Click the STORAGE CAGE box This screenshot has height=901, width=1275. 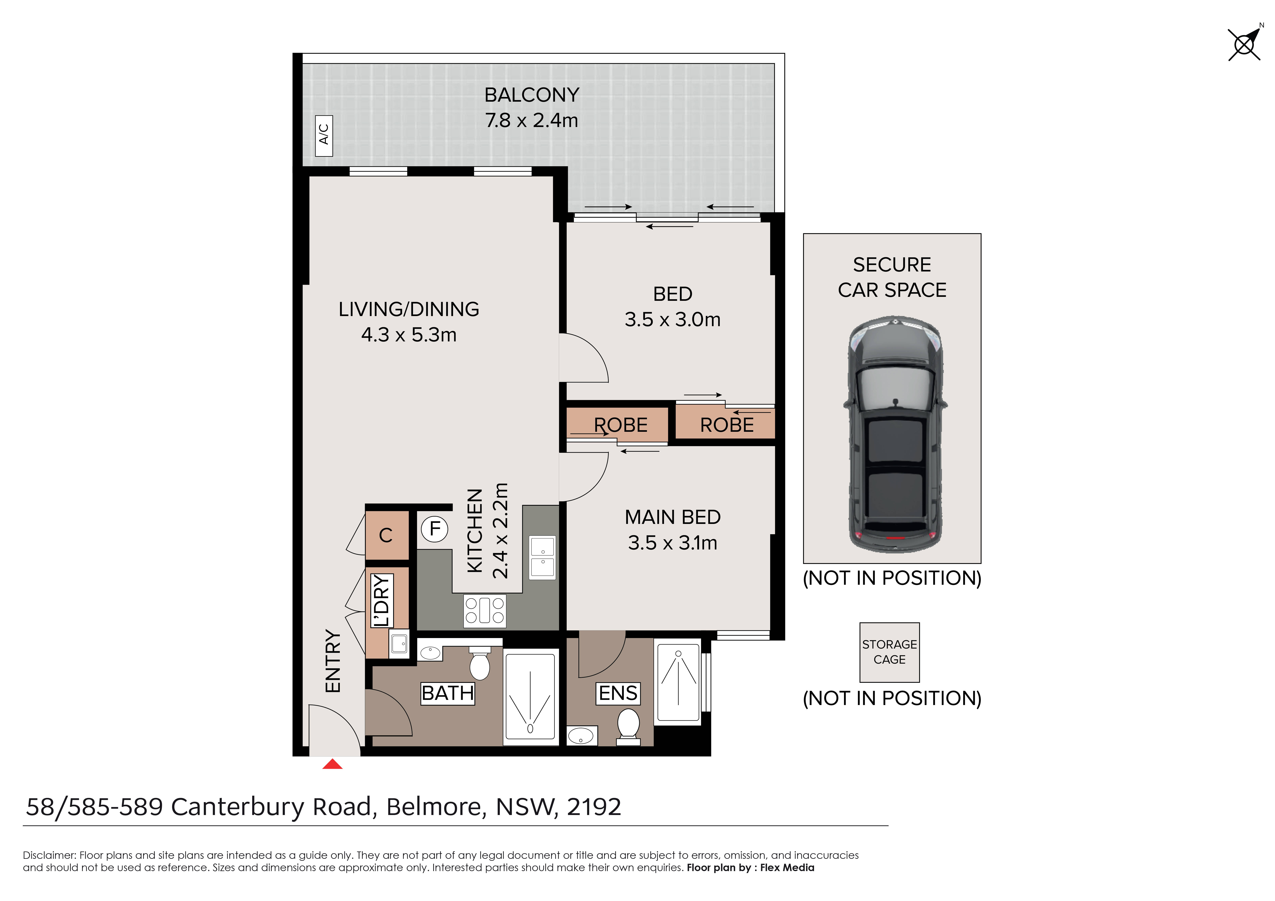coord(890,652)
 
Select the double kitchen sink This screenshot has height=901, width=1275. coord(543,558)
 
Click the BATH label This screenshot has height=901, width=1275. coord(448,693)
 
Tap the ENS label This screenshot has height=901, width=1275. coord(618,693)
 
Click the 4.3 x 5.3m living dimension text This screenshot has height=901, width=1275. coord(409,335)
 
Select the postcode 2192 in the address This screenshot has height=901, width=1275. coord(594,807)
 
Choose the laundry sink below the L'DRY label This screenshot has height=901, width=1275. coord(399,644)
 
